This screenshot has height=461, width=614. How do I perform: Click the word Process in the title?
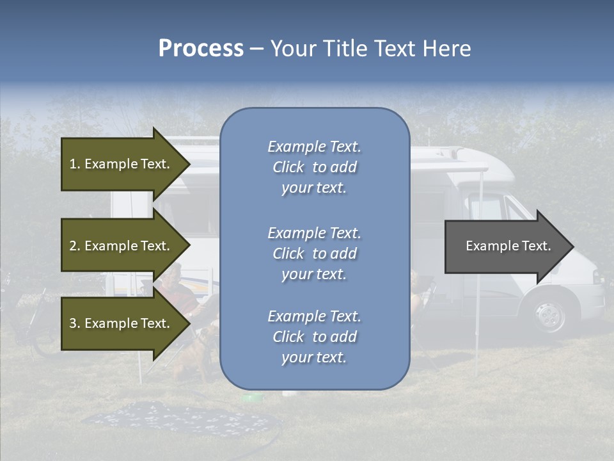(201, 49)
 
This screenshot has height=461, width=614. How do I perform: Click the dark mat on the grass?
(179, 419)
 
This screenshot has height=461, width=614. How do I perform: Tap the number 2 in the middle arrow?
(72, 246)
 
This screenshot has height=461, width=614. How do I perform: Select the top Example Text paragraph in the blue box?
(314, 167)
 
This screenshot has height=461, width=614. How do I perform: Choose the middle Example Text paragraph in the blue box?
(314, 254)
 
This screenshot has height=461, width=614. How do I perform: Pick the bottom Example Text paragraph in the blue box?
(314, 337)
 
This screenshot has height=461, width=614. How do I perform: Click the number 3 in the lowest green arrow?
(72, 323)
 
